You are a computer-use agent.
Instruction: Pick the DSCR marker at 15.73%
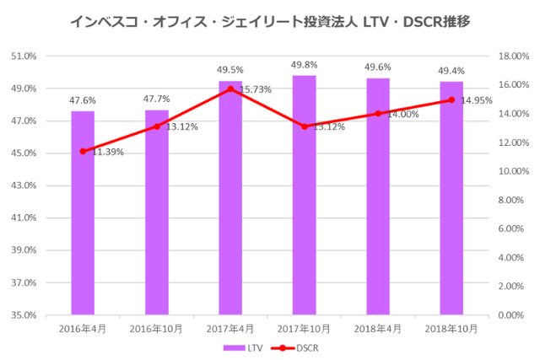tap(230, 89)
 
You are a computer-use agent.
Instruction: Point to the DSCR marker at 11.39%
tap(83, 151)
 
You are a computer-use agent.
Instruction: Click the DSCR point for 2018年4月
tap(378, 113)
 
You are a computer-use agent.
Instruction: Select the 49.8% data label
tap(305, 64)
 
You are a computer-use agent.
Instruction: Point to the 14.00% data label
tap(403, 114)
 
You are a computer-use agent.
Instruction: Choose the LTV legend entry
tap(243, 347)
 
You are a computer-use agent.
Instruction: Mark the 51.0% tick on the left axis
tap(23, 56)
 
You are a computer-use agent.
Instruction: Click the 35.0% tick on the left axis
tap(23, 315)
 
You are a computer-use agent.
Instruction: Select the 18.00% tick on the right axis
tap(512, 56)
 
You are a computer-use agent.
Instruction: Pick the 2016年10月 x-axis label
tap(156, 328)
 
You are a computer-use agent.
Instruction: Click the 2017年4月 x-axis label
tap(230, 328)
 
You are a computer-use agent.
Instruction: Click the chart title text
tap(269, 20)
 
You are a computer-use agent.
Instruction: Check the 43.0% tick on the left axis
tap(23, 185)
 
